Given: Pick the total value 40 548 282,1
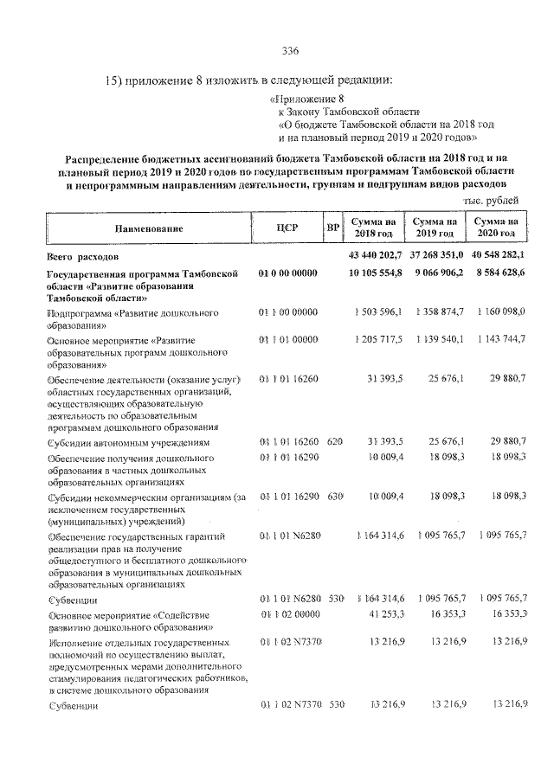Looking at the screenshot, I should pyautogui.click(x=498, y=257).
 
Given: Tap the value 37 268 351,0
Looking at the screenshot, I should pyautogui.click(x=436, y=257).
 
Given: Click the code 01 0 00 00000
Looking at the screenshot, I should pyautogui.click(x=288, y=273).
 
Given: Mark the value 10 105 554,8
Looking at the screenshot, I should pyautogui.click(x=376, y=273).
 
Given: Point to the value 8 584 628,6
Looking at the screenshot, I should pyautogui.click(x=498, y=273).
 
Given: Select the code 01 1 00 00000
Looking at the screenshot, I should pyautogui.click(x=288, y=311).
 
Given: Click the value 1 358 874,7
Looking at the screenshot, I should pyautogui.click(x=438, y=311).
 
